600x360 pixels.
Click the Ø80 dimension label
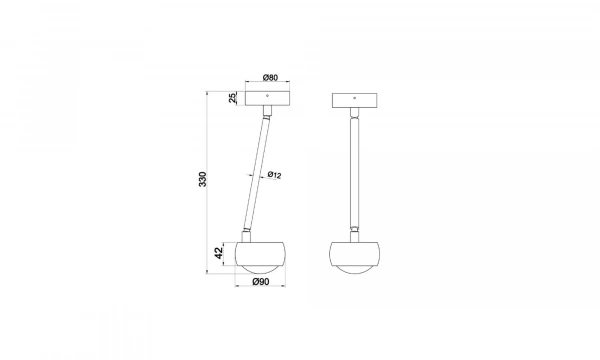tap(270, 78)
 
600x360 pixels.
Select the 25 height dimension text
tap(232, 98)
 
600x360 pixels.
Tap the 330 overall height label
tap(202, 179)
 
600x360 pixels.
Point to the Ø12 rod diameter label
tap(274, 175)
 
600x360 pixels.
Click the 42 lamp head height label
tap(218, 253)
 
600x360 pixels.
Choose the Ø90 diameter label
tap(261, 282)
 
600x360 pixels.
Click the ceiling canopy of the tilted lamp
tap(267, 98)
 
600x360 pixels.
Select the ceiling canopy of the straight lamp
tap(354, 100)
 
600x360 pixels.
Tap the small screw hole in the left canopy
tap(267, 95)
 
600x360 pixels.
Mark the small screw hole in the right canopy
tap(354, 98)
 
